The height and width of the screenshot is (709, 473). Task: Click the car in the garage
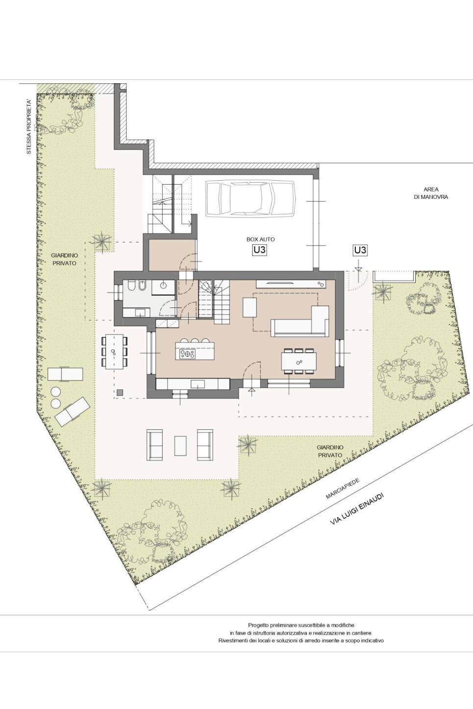(x=250, y=199)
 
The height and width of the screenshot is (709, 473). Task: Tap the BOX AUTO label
(x=260, y=239)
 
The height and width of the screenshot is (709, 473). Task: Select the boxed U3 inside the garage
(x=259, y=250)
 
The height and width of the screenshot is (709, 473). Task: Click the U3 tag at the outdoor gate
(x=360, y=250)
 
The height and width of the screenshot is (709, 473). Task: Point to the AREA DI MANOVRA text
(x=431, y=193)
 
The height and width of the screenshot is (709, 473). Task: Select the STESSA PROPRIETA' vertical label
(x=29, y=127)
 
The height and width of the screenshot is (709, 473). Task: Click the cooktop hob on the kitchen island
(x=187, y=354)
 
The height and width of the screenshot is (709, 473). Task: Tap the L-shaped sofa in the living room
(x=299, y=321)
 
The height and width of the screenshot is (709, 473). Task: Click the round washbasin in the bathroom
(x=163, y=285)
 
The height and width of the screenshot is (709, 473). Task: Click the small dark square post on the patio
(x=120, y=393)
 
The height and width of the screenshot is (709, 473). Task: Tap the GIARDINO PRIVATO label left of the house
(x=65, y=259)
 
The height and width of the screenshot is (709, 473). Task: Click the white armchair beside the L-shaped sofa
(x=249, y=307)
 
